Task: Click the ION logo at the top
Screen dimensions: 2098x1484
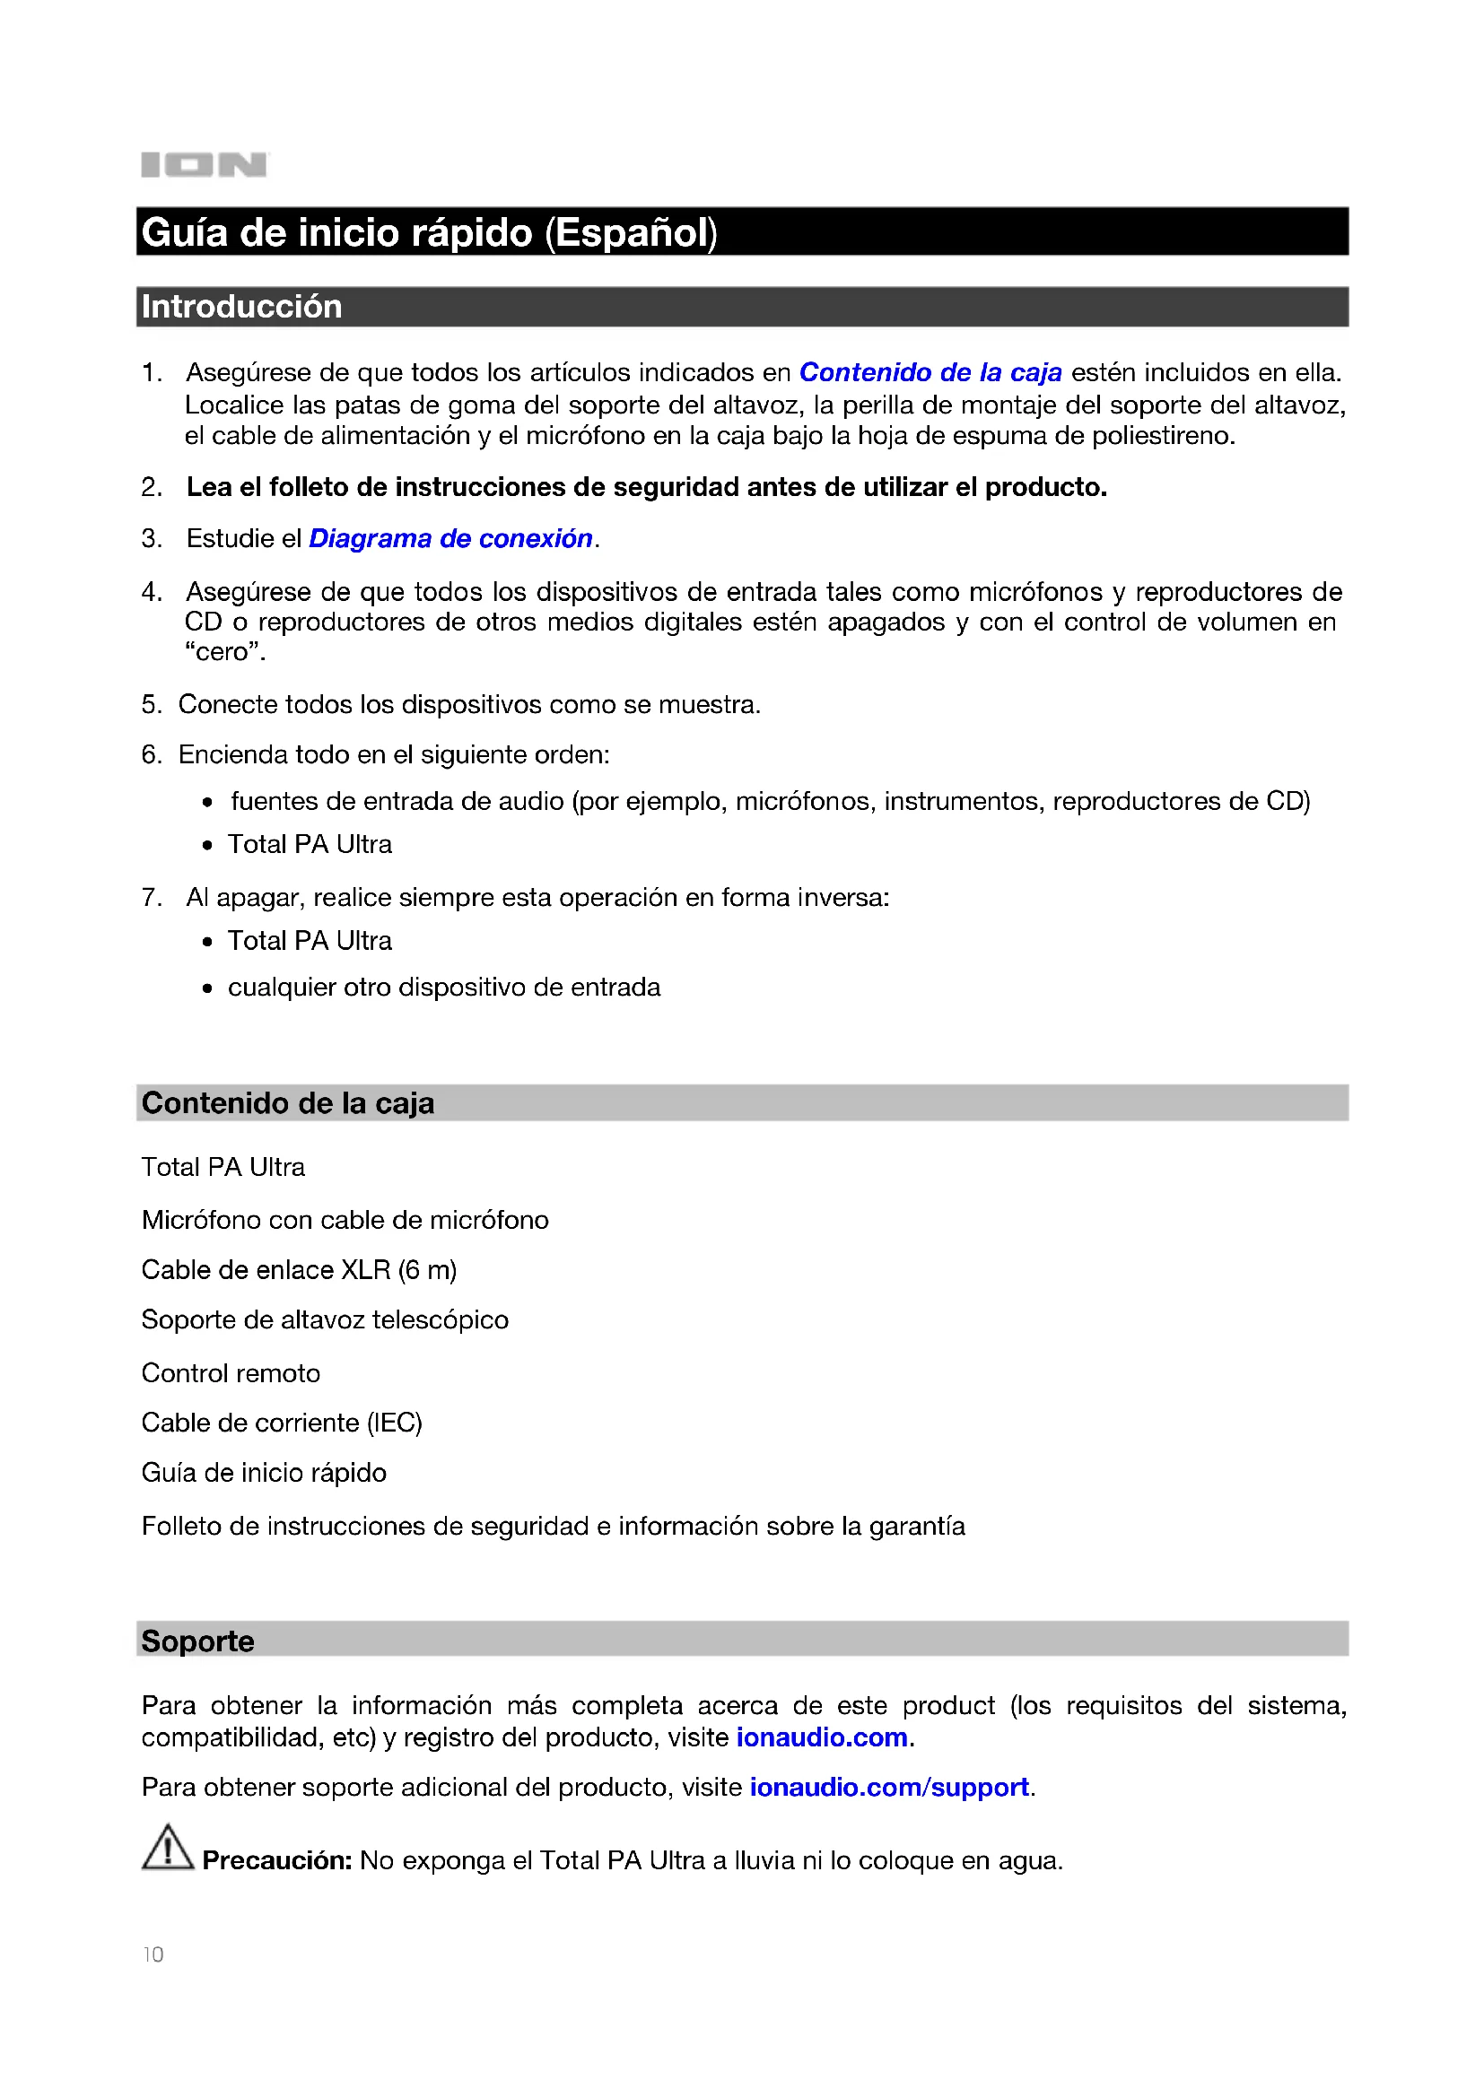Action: pyautogui.click(x=204, y=165)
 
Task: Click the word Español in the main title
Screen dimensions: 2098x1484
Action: pyautogui.click(x=631, y=233)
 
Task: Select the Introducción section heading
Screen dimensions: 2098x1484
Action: pyautogui.click(x=242, y=307)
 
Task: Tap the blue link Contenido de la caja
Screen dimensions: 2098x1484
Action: pyautogui.click(x=930, y=373)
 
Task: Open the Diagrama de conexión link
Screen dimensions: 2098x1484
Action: pyautogui.click(x=450, y=539)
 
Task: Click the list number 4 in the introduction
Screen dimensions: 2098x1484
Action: pyautogui.click(x=151, y=592)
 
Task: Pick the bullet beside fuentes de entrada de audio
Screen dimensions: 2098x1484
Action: pyautogui.click(x=208, y=803)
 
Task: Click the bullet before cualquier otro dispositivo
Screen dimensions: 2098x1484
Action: pyautogui.click(x=208, y=988)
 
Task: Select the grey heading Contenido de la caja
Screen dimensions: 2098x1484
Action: pyautogui.click(x=288, y=1104)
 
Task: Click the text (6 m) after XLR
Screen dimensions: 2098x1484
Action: pyautogui.click(x=427, y=1270)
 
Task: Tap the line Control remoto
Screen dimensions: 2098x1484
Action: pyautogui.click(x=231, y=1373)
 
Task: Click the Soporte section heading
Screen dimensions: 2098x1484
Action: pyautogui.click(x=198, y=1641)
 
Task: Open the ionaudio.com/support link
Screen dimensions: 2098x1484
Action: pyautogui.click(x=889, y=1788)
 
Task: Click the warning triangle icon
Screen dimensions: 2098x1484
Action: pyautogui.click(x=167, y=1849)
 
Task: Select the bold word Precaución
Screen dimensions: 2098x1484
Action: pyautogui.click(x=277, y=1860)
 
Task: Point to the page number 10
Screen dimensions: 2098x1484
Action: pyautogui.click(x=153, y=1954)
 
